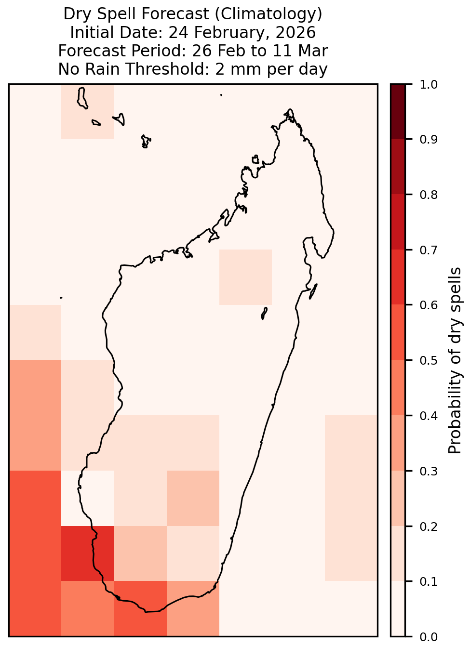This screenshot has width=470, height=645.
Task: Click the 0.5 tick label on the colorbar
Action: (x=429, y=360)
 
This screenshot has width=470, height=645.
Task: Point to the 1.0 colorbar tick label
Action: (x=429, y=85)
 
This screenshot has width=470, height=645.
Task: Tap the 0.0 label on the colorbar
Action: (x=429, y=637)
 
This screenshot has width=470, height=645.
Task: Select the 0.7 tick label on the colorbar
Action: (x=429, y=250)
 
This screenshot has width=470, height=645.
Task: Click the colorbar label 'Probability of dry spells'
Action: (x=455, y=360)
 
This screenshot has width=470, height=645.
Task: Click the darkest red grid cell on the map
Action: (x=88, y=553)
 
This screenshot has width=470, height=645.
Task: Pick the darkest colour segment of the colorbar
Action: (x=398, y=111)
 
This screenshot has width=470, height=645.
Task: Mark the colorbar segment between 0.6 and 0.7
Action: (x=398, y=277)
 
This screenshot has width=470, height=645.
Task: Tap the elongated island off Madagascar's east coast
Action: (x=313, y=291)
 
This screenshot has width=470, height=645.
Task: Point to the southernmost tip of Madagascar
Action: (x=146, y=612)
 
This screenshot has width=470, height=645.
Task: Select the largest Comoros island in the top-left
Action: (x=82, y=98)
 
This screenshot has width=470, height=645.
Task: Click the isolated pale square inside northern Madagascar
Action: (x=245, y=277)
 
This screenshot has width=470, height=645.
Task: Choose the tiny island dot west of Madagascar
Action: (x=61, y=298)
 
